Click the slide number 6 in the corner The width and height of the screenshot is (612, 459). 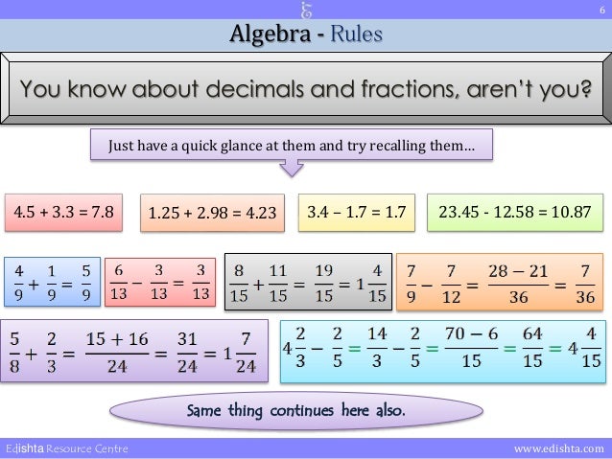601,11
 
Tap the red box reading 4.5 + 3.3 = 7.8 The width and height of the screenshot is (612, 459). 63,211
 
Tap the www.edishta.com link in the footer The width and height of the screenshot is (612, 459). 559,448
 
